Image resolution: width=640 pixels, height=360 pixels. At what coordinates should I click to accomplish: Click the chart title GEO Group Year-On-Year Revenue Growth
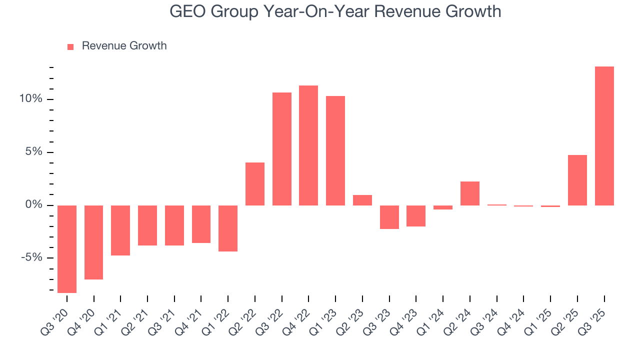pyautogui.click(x=335, y=11)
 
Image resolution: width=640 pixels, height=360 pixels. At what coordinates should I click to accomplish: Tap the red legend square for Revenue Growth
pyautogui.click(x=70, y=46)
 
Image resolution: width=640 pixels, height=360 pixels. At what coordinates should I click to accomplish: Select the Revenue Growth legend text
pyautogui.click(x=124, y=46)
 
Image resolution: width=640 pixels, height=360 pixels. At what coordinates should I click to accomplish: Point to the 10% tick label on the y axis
pyautogui.click(x=31, y=99)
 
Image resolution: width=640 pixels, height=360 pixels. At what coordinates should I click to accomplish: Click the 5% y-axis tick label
pyautogui.click(x=34, y=152)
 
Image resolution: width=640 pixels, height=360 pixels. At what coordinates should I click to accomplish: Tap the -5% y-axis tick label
pyautogui.click(x=32, y=258)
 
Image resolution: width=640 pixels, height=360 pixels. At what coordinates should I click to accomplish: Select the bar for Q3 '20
pyautogui.click(x=67, y=249)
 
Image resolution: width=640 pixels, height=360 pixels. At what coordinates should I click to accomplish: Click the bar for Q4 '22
pyautogui.click(x=308, y=145)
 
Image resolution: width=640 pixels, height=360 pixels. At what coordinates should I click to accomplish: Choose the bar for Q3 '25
pyautogui.click(x=604, y=136)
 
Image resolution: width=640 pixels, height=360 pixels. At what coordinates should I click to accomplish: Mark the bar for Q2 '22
pyautogui.click(x=255, y=184)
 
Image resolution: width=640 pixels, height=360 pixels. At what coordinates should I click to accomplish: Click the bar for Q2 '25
pyautogui.click(x=577, y=180)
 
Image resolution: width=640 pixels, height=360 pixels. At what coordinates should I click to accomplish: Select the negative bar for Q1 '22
pyautogui.click(x=228, y=228)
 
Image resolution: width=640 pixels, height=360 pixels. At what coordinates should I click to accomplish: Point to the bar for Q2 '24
pyautogui.click(x=470, y=193)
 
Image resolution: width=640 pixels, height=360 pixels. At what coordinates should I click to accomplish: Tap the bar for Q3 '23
pyautogui.click(x=389, y=217)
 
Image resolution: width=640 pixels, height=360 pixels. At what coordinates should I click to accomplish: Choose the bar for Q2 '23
pyautogui.click(x=362, y=200)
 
